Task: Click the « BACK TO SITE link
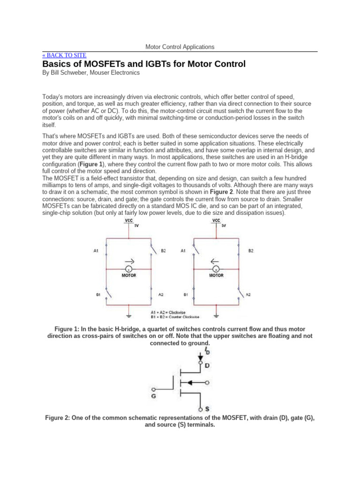[x=64, y=55]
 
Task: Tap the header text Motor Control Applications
[x=180, y=47]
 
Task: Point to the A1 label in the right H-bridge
[x=183, y=251]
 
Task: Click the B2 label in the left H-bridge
[x=163, y=251]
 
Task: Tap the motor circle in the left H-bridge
[x=129, y=269]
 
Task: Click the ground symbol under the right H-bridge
[x=216, y=310]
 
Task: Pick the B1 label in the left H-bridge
[x=99, y=295]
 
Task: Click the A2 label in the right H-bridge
[x=248, y=295]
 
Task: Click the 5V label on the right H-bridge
[x=224, y=226]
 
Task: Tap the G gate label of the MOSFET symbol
[x=153, y=396]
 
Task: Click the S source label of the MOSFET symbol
[x=207, y=409]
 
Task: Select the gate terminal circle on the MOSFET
[x=157, y=389]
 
